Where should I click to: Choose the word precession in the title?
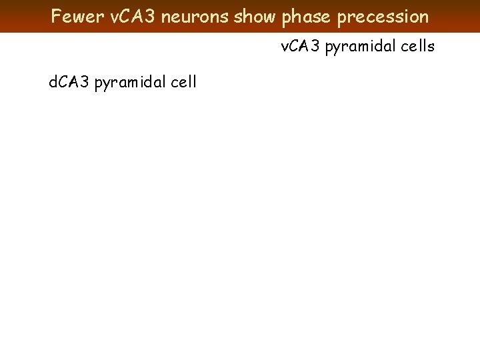tap(383, 16)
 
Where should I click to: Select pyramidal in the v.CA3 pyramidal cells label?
tap(358, 47)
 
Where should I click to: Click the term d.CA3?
tap(70, 83)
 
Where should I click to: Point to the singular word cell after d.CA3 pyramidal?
tap(183, 83)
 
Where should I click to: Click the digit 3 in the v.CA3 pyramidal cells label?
tap(315, 46)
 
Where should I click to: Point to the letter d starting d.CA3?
tap(53, 83)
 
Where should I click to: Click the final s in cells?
tap(431, 47)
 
